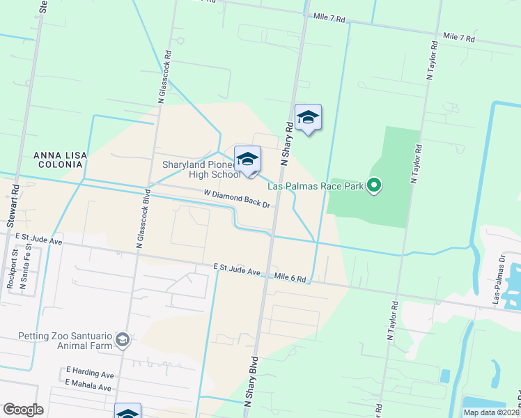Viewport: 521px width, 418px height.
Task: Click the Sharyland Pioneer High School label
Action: coord(201,169)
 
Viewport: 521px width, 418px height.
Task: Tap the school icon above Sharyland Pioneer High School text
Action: coord(247,160)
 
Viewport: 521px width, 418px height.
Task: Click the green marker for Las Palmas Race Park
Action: coord(374,185)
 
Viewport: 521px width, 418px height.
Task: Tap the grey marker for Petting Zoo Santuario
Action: coord(123,339)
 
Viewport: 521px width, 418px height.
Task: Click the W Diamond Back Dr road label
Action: coord(236,199)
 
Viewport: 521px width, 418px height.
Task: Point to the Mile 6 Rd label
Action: coord(290,278)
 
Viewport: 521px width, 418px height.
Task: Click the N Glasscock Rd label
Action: coord(165,76)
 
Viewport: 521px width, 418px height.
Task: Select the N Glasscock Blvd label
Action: coord(142,219)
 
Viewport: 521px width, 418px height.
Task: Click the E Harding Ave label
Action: coord(89,374)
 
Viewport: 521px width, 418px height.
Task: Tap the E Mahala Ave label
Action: coord(88,387)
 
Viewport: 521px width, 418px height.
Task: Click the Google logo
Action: coord(23,410)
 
